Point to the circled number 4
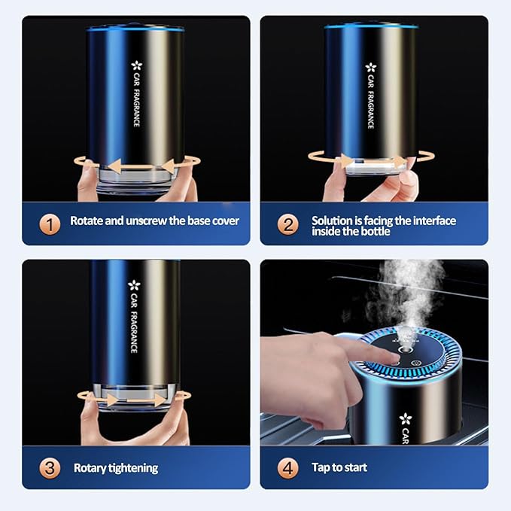tap(286, 467)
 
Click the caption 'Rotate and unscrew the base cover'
tap(154, 221)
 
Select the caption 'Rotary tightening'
tap(115, 467)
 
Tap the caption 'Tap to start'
tap(339, 467)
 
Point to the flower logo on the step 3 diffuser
tap(135, 285)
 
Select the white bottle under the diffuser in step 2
tap(372, 167)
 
